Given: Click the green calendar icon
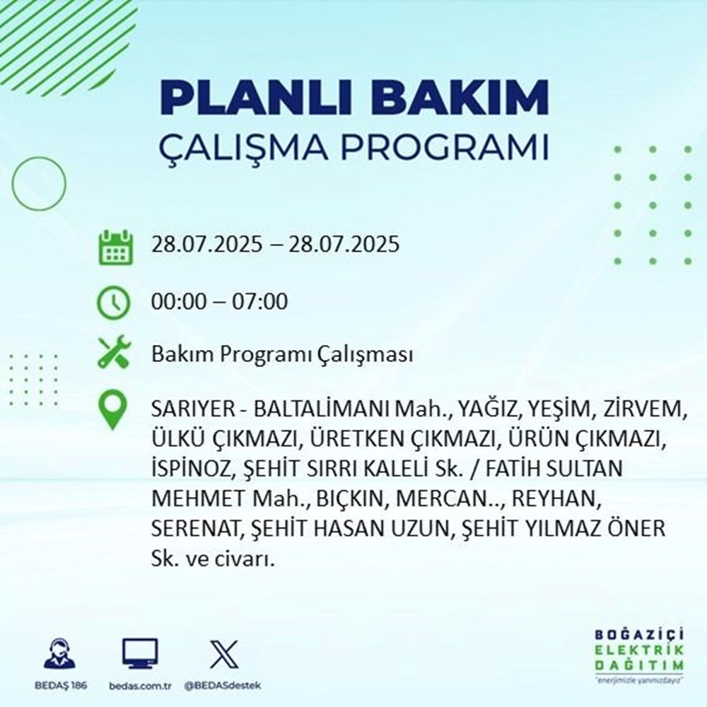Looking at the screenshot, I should pyautogui.click(x=114, y=247).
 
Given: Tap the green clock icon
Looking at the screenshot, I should pyautogui.click(x=114, y=303).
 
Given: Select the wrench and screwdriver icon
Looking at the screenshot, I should pyautogui.click(x=114, y=353).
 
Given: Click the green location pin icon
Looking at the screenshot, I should pyautogui.click(x=113, y=411).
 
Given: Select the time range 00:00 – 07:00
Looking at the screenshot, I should pyautogui.click(x=220, y=302).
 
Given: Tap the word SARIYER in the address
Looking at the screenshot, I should pyautogui.click(x=185, y=410).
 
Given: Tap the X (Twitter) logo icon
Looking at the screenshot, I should pyautogui.click(x=219, y=653).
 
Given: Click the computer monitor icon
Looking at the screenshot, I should pyautogui.click(x=140, y=653).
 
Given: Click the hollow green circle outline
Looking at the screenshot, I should pyautogui.click(x=39, y=183).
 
